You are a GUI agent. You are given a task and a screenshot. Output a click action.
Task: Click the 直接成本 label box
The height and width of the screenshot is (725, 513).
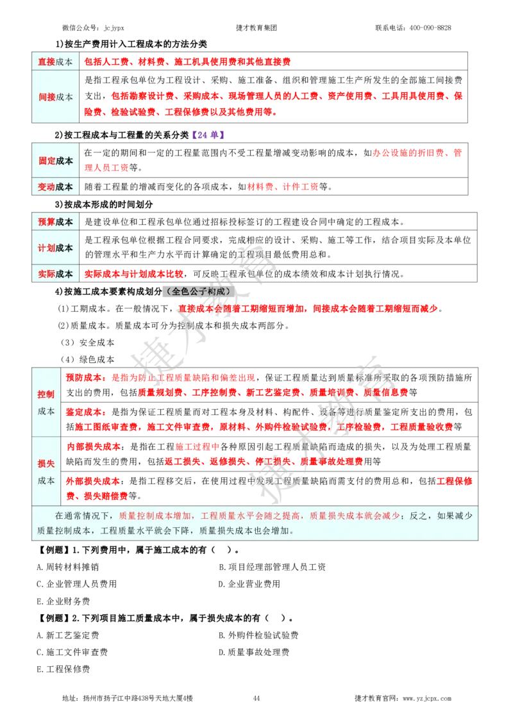tap(55, 61)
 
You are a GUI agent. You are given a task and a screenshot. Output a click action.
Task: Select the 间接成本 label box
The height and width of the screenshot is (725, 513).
tap(55, 97)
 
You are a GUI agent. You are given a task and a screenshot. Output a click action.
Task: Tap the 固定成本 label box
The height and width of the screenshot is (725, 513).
tap(55, 161)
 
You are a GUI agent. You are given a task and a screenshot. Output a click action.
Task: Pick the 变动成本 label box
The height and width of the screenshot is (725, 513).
tap(55, 187)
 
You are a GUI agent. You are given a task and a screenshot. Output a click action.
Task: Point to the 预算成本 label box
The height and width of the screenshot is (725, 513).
tap(55, 222)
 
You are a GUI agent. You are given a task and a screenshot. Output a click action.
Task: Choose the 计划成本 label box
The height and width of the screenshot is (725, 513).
tap(55, 248)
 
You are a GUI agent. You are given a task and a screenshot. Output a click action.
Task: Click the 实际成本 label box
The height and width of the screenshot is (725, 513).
tap(55, 273)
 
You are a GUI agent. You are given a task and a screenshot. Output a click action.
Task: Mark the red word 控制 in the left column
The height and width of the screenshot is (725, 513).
tap(46, 395)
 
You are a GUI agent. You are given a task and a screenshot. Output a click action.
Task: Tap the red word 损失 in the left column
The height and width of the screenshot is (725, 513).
tap(46, 463)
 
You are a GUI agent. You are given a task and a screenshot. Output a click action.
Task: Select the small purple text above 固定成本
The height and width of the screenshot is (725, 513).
tap(208, 134)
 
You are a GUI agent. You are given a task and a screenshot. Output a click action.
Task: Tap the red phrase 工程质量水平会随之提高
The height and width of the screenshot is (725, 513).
tap(250, 516)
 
